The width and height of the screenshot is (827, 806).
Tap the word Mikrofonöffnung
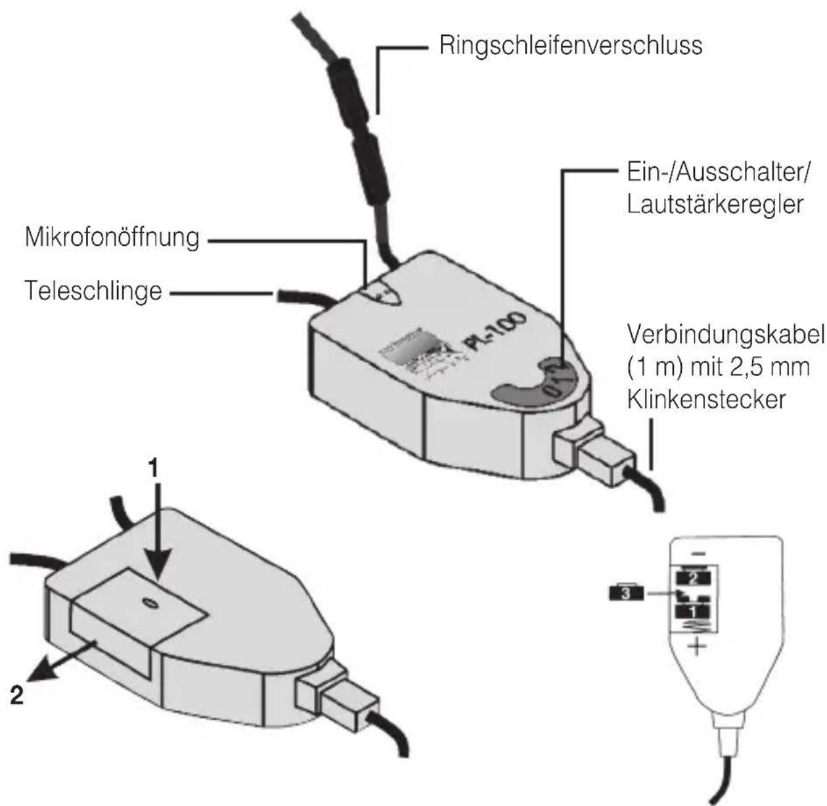[x=111, y=237]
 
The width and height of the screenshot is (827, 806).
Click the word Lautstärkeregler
[x=714, y=205]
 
